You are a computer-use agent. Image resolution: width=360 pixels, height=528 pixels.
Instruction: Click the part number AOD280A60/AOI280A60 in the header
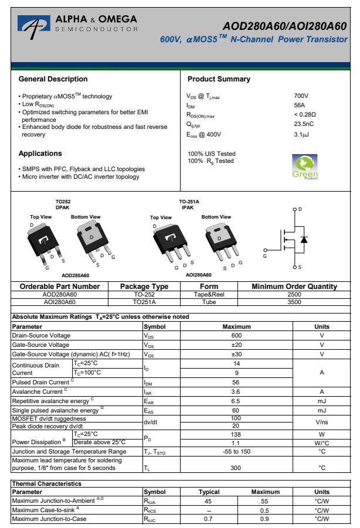(284, 26)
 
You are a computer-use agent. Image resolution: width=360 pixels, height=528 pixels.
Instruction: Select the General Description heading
(53, 79)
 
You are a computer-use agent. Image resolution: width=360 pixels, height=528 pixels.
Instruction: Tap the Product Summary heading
(219, 79)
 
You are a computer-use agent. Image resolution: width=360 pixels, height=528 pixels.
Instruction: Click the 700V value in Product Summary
(301, 96)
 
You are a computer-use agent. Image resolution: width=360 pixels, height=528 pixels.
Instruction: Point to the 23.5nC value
(304, 124)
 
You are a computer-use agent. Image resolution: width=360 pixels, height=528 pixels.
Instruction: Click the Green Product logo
(305, 166)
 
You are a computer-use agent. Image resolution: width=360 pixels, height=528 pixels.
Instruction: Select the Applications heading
(40, 154)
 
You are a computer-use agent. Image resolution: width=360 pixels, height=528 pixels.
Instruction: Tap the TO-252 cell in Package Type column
(144, 294)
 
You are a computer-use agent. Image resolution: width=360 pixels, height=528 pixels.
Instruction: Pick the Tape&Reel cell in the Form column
(209, 294)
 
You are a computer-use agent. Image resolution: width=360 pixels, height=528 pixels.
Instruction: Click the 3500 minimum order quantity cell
(294, 302)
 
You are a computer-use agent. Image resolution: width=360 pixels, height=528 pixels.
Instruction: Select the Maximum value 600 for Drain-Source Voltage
(236, 335)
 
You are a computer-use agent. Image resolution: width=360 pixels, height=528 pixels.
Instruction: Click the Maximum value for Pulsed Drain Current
(236, 381)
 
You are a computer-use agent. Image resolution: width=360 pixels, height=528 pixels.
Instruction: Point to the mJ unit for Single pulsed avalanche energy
(322, 411)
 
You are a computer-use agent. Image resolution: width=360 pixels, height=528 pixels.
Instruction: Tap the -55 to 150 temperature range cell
(236, 451)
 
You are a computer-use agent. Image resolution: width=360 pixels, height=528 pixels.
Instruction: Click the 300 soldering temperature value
(236, 468)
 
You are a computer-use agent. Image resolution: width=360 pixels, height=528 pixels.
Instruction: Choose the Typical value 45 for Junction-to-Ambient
(208, 501)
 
